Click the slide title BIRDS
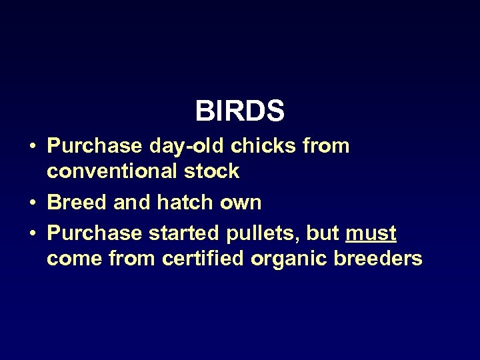pyautogui.click(x=240, y=111)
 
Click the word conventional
pyautogui.click(x=111, y=171)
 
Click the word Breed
pyautogui.click(x=78, y=202)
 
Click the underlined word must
pyautogui.click(x=371, y=233)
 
